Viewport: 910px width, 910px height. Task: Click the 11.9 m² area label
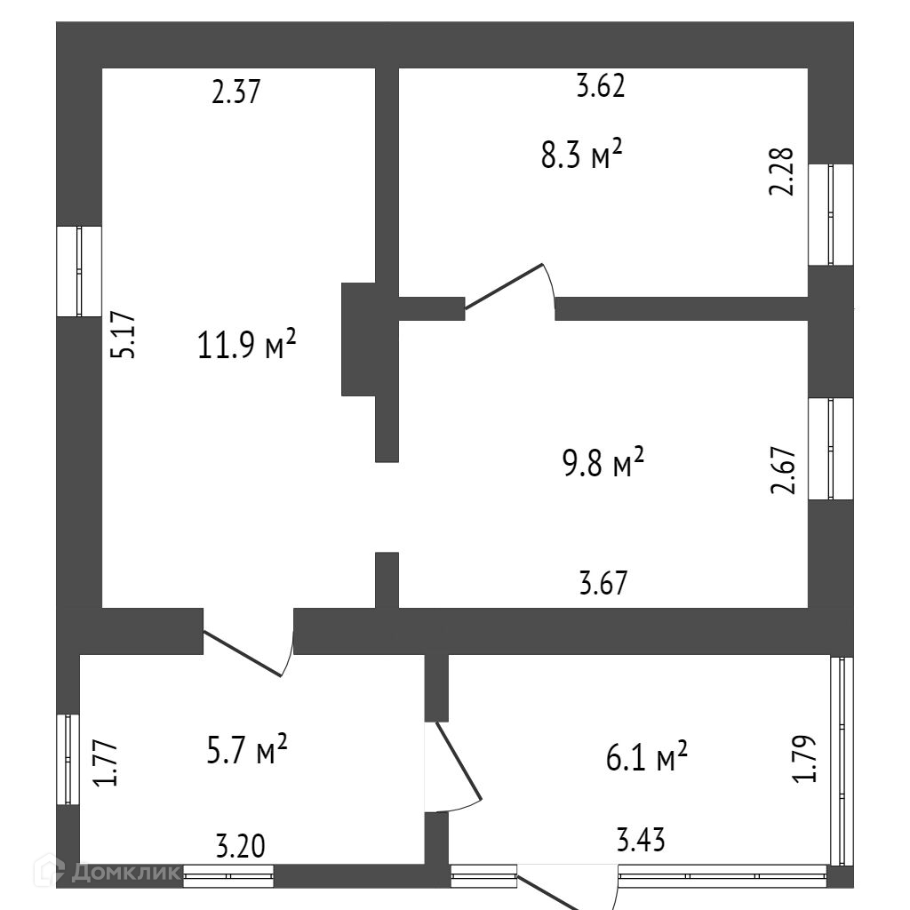pos(247,344)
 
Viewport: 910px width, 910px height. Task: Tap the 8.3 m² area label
pos(581,155)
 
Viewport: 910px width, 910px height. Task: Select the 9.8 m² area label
pos(603,462)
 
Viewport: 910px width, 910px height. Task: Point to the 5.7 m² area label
pos(247,749)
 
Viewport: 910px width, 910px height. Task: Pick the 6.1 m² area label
pos(647,756)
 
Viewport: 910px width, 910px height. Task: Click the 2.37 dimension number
pos(236,92)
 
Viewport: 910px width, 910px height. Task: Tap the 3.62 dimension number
pos(601,85)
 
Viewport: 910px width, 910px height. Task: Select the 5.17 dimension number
pos(123,335)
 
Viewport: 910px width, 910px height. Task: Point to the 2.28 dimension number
pos(781,172)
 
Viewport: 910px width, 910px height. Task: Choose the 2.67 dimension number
pos(782,469)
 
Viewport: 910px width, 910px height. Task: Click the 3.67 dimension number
pos(603,583)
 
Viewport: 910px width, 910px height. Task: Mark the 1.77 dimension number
pos(107,762)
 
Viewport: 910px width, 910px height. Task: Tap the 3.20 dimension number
pos(241,846)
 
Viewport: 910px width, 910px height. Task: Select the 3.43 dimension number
pos(641,840)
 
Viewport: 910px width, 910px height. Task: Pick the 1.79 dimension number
pos(804,759)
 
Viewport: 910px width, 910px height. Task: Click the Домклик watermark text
pos(124,873)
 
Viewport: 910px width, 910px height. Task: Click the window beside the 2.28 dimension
pos(831,215)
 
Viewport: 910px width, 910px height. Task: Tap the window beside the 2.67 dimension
pos(831,449)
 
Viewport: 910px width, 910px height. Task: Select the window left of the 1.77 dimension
pos(68,759)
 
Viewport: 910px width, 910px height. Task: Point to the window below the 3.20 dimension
pos(228,875)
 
